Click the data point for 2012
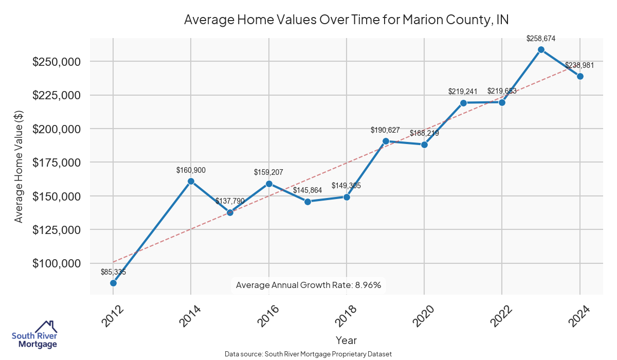pyautogui.click(x=113, y=283)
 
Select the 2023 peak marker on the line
pyautogui.click(x=541, y=49)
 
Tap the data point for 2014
pyautogui.click(x=191, y=181)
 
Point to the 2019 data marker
pyautogui.click(x=386, y=141)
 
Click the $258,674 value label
pyautogui.click(x=541, y=39)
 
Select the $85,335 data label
pyautogui.click(x=113, y=272)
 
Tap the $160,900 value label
pyautogui.click(x=191, y=170)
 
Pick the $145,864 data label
pyautogui.click(x=307, y=190)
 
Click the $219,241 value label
pyautogui.click(x=463, y=92)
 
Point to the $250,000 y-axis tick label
pyautogui.click(x=57, y=62)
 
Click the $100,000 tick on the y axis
pyautogui.click(x=57, y=263)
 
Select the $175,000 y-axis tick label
pyautogui.click(x=57, y=163)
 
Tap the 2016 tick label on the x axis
pyautogui.click(x=267, y=316)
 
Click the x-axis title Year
pyautogui.click(x=346, y=340)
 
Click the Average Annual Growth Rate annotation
pyautogui.click(x=308, y=285)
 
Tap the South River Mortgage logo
pyautogui.click(x=34, y=334)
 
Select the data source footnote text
pyautogui.click(x=308, y=354)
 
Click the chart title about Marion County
pyautogui.click(x=346, y=20)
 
